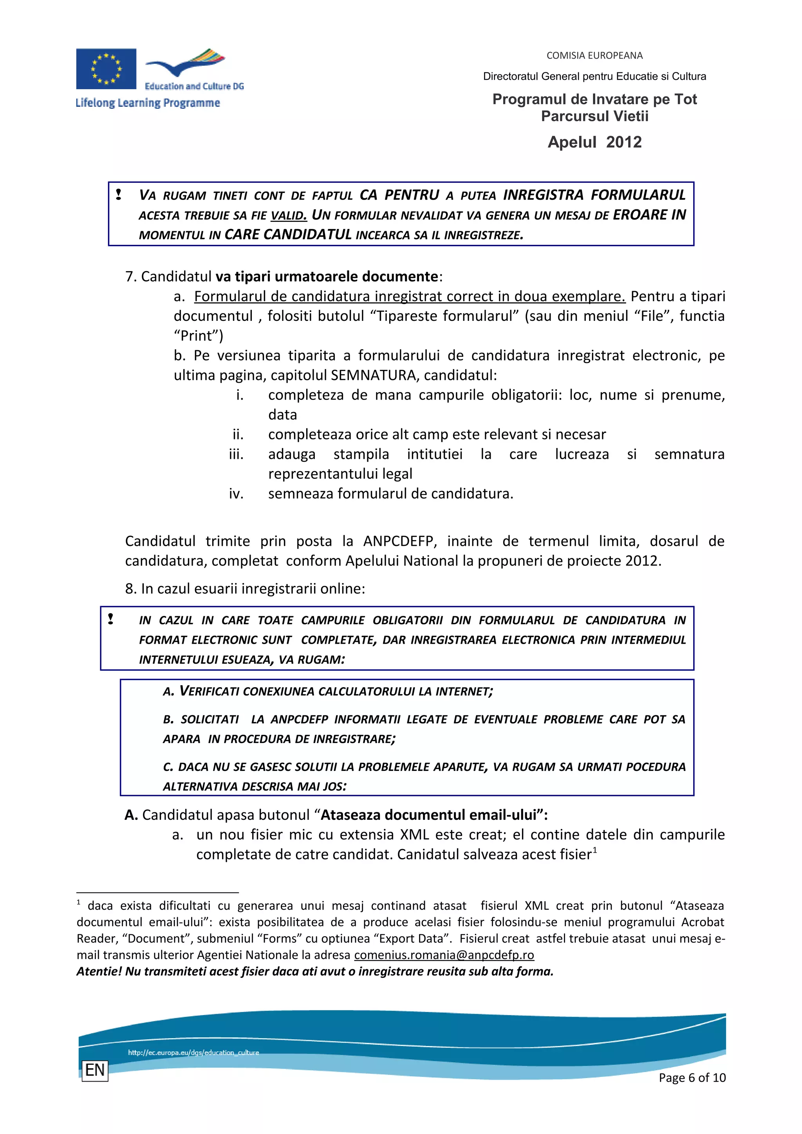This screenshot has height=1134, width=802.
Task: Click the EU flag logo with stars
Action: (106, 68)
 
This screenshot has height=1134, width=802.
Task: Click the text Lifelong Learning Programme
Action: (148, 103)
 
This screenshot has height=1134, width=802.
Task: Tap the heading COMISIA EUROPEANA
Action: (594, 55)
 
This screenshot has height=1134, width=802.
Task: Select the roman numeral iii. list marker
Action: (236, 454)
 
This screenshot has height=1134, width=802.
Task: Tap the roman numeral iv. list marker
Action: (236, 494)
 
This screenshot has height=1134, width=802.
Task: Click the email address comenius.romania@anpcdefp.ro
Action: (444, 955)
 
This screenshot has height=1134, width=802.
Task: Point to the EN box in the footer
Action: (95, 1070)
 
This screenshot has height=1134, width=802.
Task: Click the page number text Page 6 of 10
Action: (692, 1078)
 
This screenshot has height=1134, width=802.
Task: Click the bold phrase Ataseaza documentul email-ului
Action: (428, 815)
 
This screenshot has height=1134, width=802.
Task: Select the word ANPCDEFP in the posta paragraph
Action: (400, 541)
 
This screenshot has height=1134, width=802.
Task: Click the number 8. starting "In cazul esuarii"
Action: (130, 589)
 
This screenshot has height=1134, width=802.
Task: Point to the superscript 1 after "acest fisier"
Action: (595, 850)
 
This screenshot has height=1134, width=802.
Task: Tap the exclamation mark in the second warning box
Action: (111, 619)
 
